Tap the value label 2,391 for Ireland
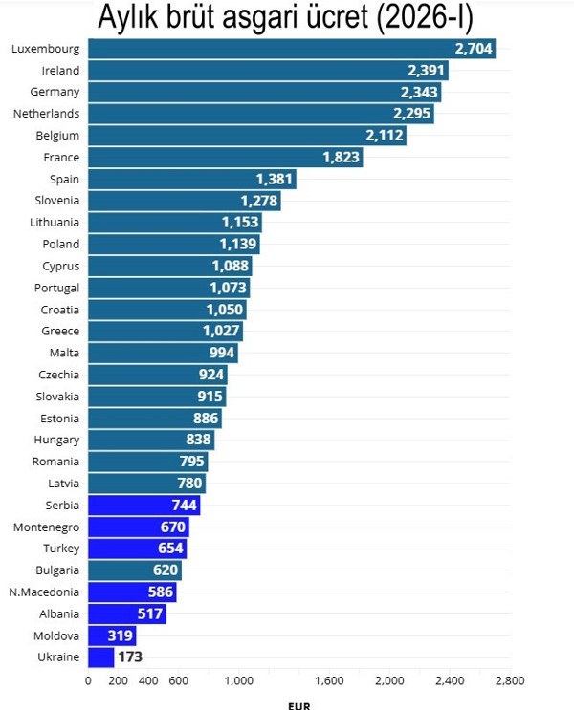point(426,71)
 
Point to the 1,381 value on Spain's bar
point(275,180)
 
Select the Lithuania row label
point(55,222)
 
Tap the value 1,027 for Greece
point(222,331)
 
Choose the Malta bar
point(163,353)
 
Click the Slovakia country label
point(57,396)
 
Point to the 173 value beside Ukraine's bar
point(130,657)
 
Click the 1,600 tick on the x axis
point(329,681)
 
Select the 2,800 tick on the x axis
point(510,681)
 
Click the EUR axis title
point(298,705)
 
